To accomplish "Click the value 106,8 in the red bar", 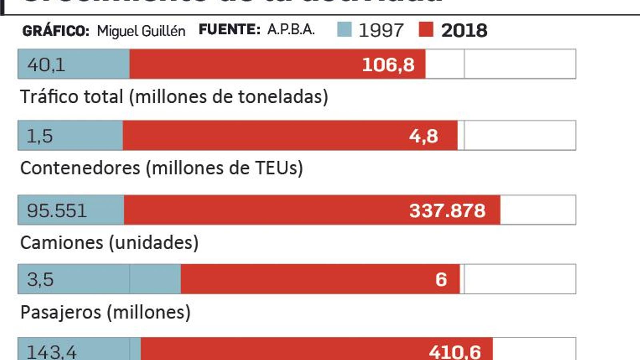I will (388, 65).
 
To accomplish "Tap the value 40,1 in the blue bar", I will (46, 65).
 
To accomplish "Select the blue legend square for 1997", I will (344, 30).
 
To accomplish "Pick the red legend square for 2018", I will (426, 30).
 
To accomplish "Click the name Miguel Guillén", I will (141, 31).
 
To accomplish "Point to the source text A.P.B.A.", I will (291, 30).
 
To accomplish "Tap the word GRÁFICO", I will (56, 31).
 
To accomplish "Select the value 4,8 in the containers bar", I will (423, 136).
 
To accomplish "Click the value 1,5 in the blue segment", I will (40, 136).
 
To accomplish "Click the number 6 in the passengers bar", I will (441, 280).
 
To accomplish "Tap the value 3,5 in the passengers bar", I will (40, 280).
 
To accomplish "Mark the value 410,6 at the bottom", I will (455, 352).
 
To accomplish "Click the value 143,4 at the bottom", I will (51, 352).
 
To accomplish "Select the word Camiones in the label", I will (61, 243).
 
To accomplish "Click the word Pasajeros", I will (60, 312).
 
